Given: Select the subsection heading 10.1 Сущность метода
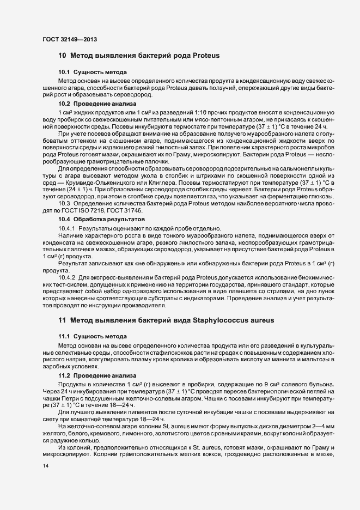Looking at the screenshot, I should [93, 72].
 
